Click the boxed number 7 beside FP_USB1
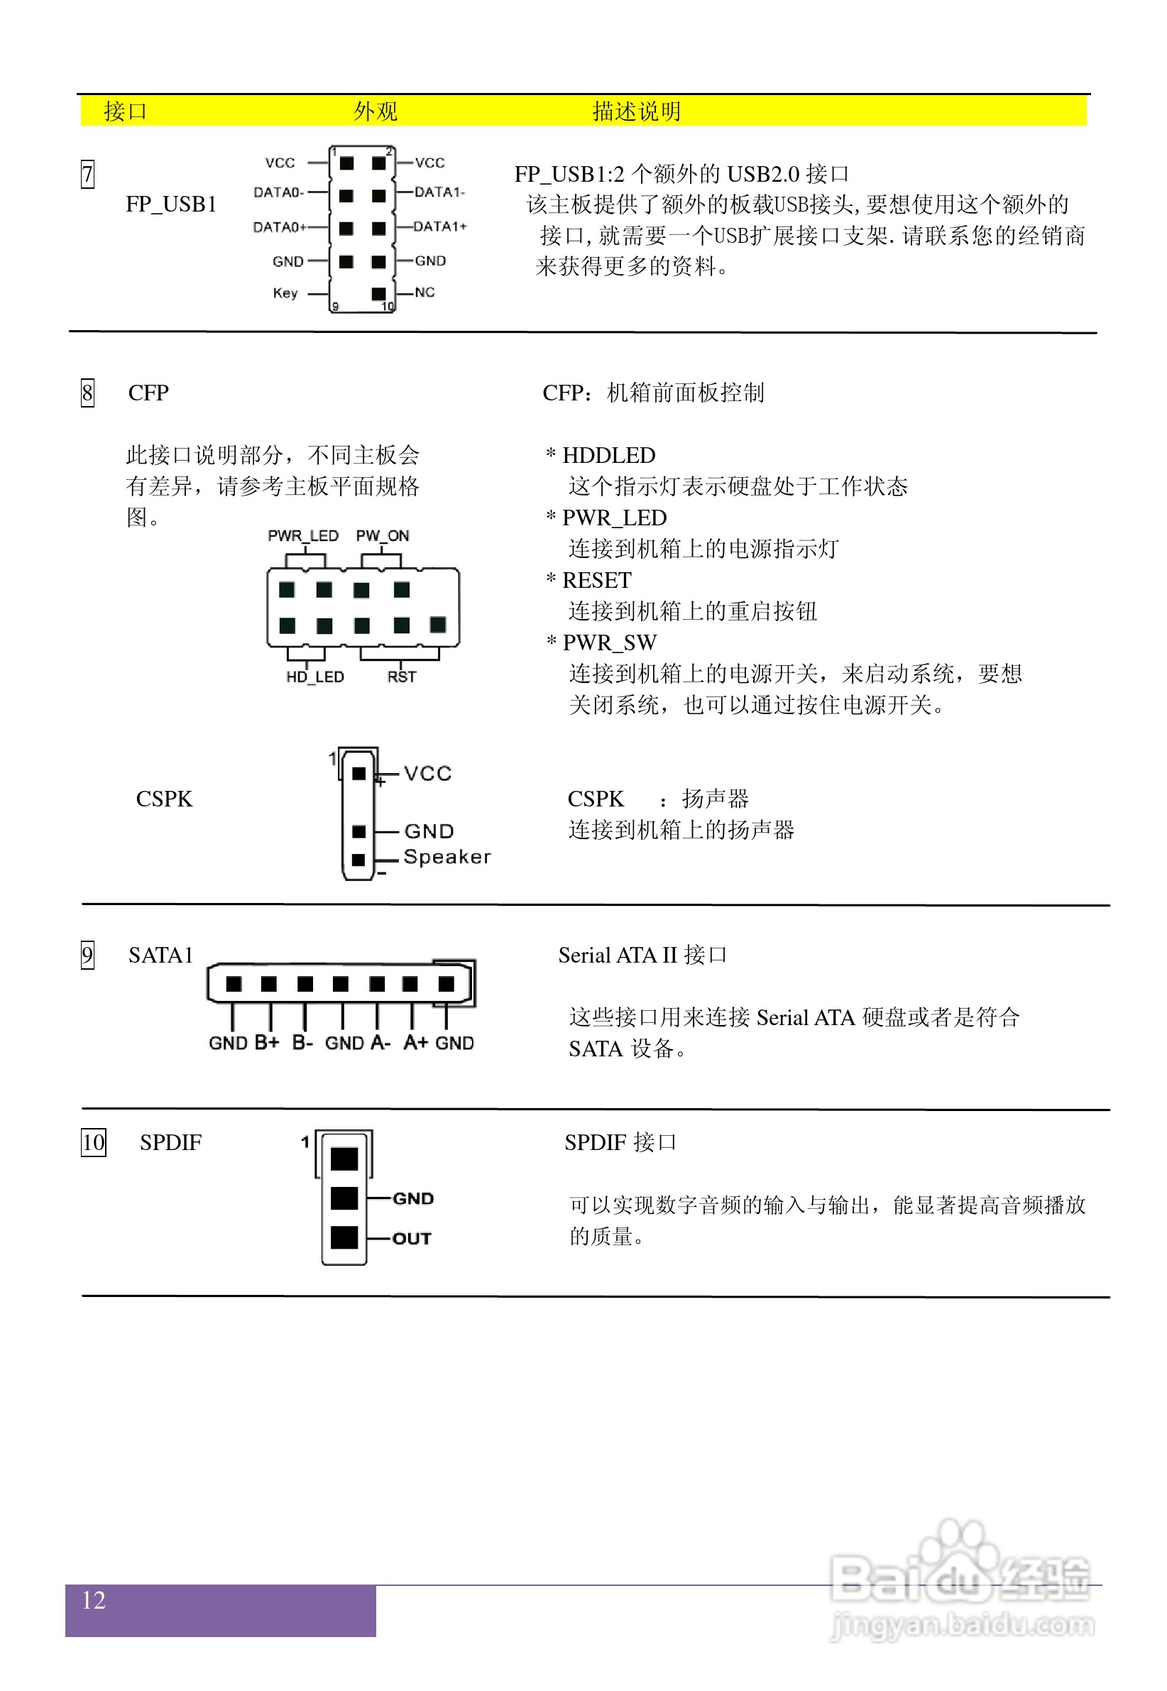point(87,174)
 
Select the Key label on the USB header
point(285,293)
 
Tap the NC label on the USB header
point(424,292)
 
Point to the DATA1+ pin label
point(439,226)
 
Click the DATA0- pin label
point(278,192)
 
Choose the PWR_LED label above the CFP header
point(302,536)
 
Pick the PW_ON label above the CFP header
point(383,536)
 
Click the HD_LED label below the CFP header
point(314,677)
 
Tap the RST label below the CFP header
point(402,677)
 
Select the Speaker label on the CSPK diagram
point(446,857)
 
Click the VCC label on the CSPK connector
point(428,774)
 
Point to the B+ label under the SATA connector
point(267,1043)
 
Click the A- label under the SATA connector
point(381,1043)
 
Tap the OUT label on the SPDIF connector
point(412,1239)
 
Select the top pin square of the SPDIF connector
point(344,1159)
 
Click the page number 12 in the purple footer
point(94,1600)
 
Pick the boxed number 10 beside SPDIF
point(94,1142)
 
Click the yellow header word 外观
point(375,111)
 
